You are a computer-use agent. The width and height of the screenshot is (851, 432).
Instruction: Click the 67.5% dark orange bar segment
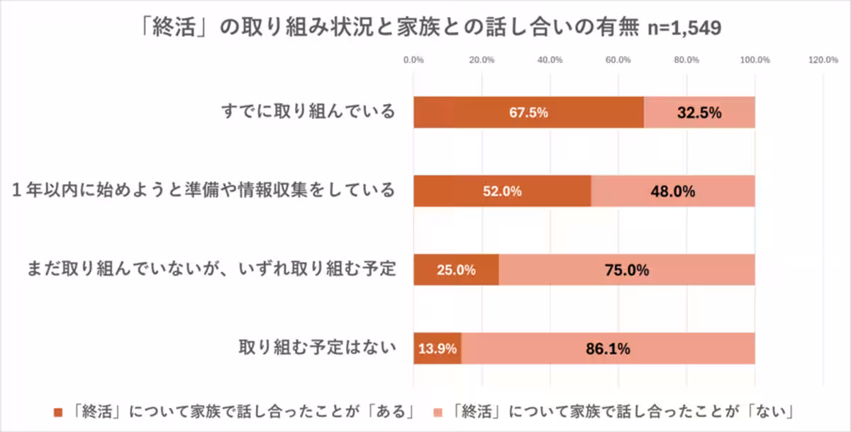(528, 113)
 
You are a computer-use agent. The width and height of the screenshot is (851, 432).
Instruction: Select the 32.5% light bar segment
(699, 113)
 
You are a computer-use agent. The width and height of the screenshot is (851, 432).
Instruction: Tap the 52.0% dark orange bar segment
(502, 191)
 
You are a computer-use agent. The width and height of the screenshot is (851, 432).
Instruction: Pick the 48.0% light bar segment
(673, 191)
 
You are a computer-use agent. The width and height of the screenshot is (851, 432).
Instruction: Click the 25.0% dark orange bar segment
(456, 270)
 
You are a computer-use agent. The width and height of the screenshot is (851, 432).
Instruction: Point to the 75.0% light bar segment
(627, 270)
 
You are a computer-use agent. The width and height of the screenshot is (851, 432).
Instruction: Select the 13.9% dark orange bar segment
(438, 348)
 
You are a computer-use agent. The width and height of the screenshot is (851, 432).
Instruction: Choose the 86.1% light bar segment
(608, 348)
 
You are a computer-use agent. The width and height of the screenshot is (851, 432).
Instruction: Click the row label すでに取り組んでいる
(306, 112)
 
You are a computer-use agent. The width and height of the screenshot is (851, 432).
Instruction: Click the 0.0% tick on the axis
(413, 60)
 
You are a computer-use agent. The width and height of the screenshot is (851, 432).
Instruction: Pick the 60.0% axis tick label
(618, 60)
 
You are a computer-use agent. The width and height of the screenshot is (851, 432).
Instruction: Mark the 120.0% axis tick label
(823, 60)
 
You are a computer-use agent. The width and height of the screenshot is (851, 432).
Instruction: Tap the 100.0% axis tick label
(755, 60)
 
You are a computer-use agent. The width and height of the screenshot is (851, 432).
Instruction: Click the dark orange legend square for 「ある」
(58, 411)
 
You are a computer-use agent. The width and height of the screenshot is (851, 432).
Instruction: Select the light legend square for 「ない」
(437, 411)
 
